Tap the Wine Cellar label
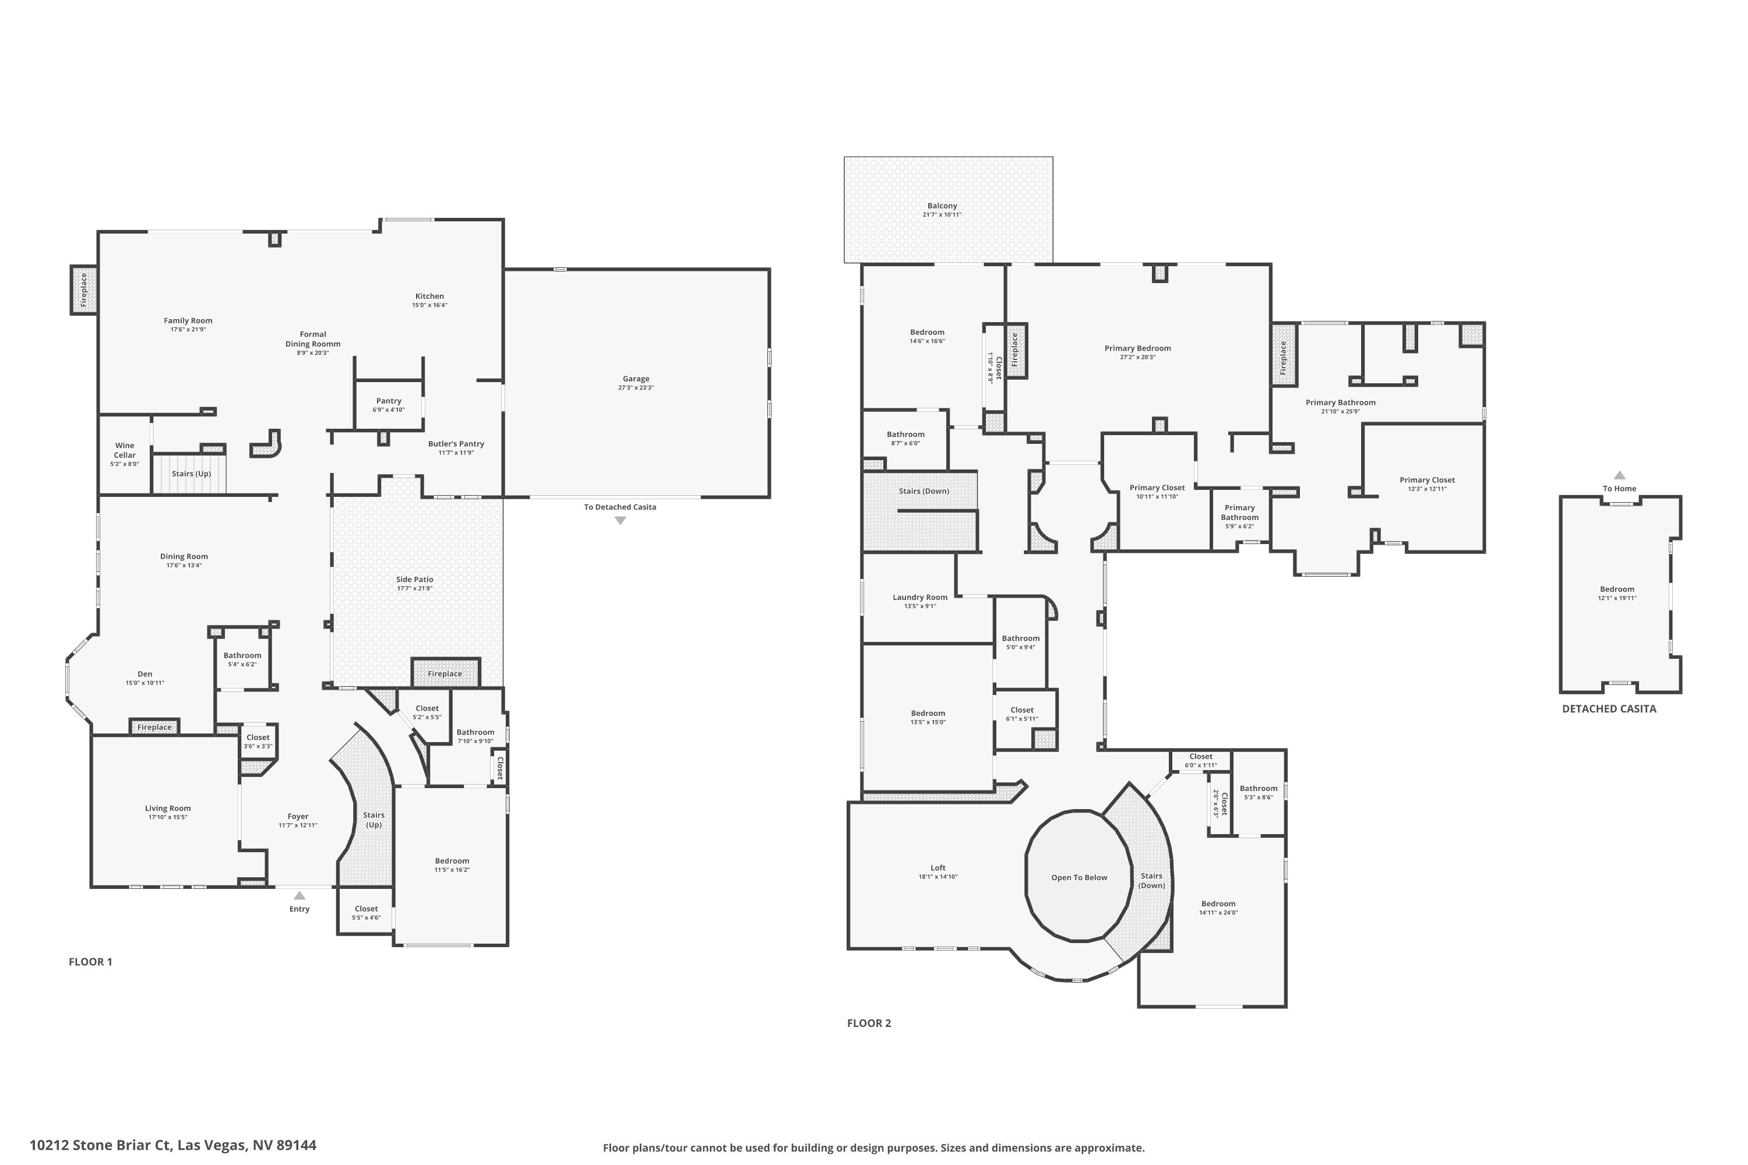[x=125, y=450]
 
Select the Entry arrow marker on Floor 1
[x=299, y=896]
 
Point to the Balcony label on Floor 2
[x=942, y=206]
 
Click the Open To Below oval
[x=1079, y=877]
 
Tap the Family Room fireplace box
[x=84, y=290]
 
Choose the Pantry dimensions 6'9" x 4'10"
[x=389, y=410]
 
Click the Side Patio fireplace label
[x=445, y=674]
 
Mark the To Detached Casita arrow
[x=620, y=521]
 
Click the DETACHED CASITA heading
[x=1609, y=709]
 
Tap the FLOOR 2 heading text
[x=869, y=1023]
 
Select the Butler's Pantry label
[x=456, y=443]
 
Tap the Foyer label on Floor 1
[x=298, y=817]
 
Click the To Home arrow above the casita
[x=1619, y=475]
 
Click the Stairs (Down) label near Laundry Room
[x=923, y=491]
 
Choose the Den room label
[x=145, y=674]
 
